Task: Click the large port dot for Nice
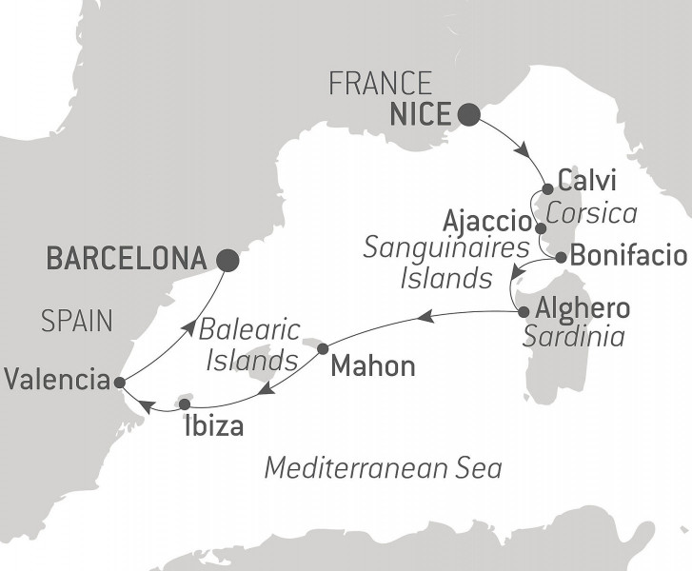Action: click(x=468, y=116)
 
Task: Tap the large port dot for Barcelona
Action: click(x=227, y=259)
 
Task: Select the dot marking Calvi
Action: click(x=548, y=188)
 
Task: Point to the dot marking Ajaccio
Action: click(x=541, y=228)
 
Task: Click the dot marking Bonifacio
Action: click(x=561, y=257)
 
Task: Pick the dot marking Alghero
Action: click(x=522, y=310)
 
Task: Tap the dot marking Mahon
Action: click(x=323, y=347)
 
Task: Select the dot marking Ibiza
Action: click(x=185, y=404)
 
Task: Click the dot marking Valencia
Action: click(x=119, y=383)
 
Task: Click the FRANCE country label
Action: click(x=380, y=84)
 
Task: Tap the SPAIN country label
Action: click(x=77, y=322)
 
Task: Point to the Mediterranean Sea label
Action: click(x=383, y=468)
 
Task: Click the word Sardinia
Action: click(x=572, y=337)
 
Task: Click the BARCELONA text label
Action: click(x=126, y=258)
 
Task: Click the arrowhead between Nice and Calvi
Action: click(x=522, y=151)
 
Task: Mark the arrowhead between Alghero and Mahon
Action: click(x=428, y=316)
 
